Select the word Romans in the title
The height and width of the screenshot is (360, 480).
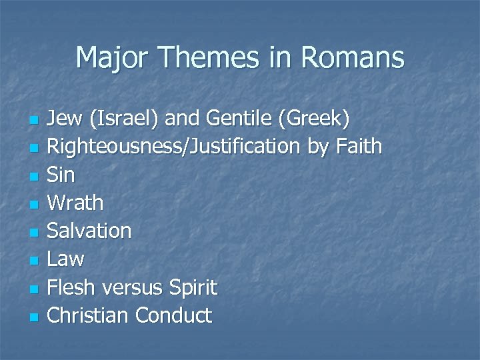pyautogui.click(x=352, y=58)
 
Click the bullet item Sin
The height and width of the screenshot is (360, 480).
pyautogui.click(x=61, y=175)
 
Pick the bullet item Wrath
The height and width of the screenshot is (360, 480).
pyautogui.click(x=75, y=203)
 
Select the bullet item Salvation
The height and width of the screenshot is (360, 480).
pyautogui.click(x=89, y=231)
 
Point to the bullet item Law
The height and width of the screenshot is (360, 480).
pyautogui.click(x=65, y=259)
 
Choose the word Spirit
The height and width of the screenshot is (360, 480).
pyautogui.click(x=193, y=287)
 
